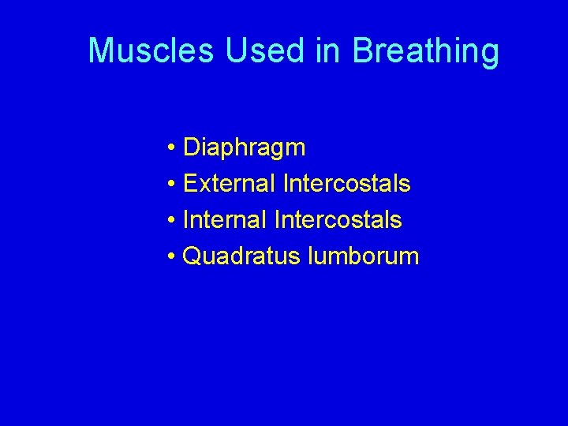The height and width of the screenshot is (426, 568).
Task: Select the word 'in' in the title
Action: [x=332, y=50]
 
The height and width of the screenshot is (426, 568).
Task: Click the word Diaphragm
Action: [x=244, y=148]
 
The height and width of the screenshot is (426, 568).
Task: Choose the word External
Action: [x=229, y=184]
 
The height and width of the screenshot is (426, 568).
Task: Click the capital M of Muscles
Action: [x=100, y=50]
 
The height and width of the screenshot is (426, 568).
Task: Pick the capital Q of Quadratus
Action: [x=192, y=256]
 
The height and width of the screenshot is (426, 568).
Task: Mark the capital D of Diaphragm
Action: [x=191, y=148]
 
